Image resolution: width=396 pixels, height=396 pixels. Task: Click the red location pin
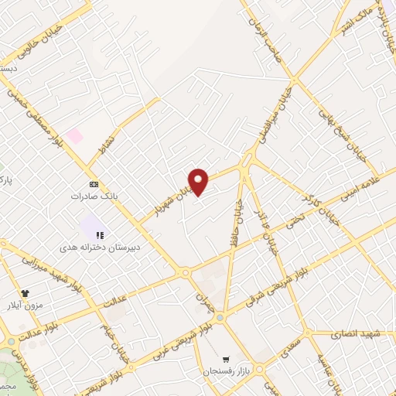[x=199, y=181]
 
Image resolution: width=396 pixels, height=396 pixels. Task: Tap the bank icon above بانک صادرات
[x=94, y=184]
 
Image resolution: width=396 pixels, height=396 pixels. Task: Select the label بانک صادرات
[x=87, y=196]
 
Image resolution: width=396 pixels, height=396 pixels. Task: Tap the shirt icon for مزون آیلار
[x=26, y=293]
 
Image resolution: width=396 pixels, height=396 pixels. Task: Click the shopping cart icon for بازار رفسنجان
[x=225, y=359]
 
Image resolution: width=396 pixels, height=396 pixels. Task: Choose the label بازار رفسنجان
[x=225, y=372]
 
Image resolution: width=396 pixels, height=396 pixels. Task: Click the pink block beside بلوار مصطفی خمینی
[x=74, y=136]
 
